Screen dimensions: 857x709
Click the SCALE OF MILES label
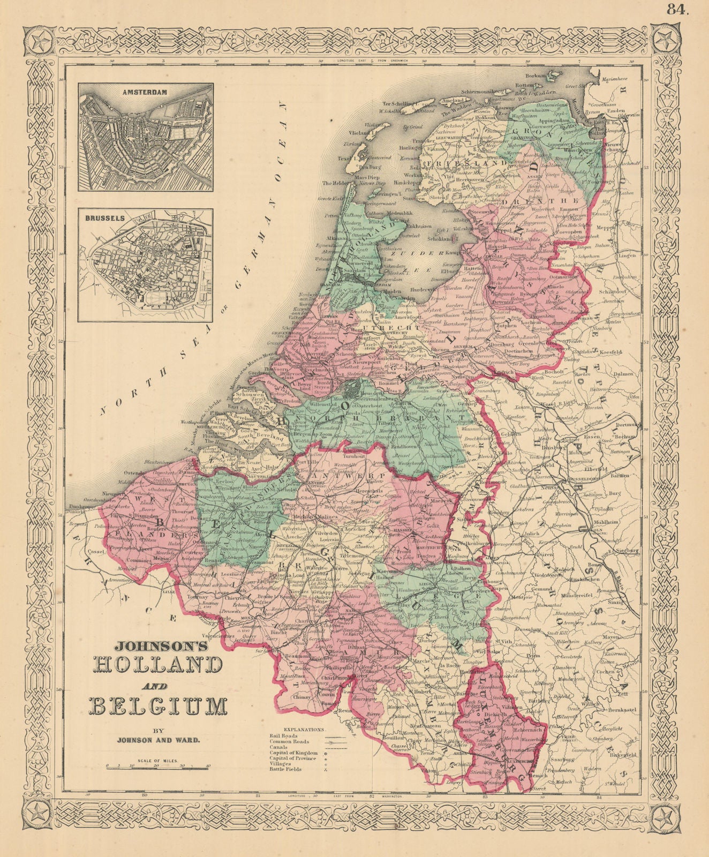point(158,761)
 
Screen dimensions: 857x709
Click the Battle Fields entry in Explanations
point(286,769)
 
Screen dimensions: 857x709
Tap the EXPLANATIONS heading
point(305,730)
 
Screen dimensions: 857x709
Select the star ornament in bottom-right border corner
point(668,818)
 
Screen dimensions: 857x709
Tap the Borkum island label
point(538,76)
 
